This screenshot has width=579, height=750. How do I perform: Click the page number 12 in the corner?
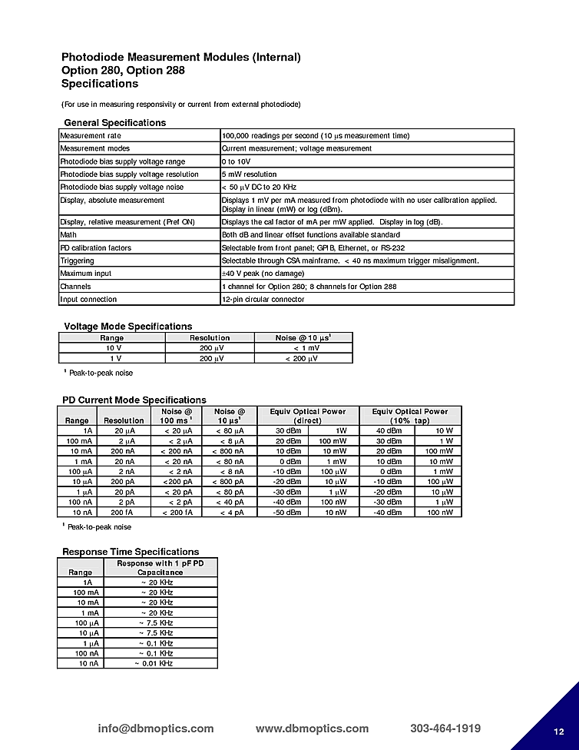click(x=559, y=731)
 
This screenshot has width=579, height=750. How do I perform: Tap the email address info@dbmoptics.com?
click(x=156, y=728)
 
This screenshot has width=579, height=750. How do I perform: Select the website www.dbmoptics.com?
click(x=312, y=728)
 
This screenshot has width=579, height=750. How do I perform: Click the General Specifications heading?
click(x=114, y=123)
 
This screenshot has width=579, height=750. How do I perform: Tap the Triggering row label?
click(x=77, y=261)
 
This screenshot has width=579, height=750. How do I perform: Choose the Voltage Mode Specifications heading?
click(x=127, y=327)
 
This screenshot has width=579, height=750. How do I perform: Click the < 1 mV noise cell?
click(x=306, y=348)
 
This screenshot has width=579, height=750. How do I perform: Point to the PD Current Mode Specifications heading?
click(x=134, y=400)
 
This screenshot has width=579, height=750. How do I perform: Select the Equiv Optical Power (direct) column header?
click(x=308, y=416)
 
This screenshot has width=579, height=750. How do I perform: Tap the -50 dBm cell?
click(x=289, y=512)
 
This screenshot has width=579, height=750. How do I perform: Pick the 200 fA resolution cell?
click(x=123, y=512)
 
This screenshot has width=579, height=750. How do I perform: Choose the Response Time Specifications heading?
click(x=131, y=552)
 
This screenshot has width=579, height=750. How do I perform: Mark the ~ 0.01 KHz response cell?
click(x=154, y=663)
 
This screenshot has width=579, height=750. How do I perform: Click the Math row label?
click(x=68, y=235)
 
